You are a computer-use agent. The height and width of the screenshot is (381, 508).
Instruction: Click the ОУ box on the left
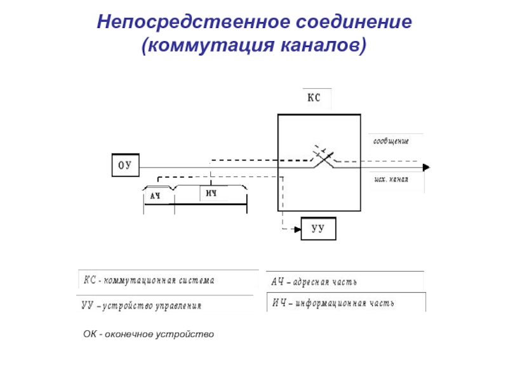point(125,166)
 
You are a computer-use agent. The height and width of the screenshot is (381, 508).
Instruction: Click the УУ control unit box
point(318,229)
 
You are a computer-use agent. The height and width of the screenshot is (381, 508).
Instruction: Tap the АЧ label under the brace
point(155,196)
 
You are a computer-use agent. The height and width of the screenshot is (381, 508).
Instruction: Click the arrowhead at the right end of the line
point(426,167)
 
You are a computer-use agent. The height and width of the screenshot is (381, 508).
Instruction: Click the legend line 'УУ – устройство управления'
point(142,305)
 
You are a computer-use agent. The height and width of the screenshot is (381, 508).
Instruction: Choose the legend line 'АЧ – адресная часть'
point(315,281)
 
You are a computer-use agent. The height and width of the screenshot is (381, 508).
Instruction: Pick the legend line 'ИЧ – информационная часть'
point(333,303)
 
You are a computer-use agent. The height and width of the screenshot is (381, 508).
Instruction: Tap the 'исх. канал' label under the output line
point(390,180)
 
